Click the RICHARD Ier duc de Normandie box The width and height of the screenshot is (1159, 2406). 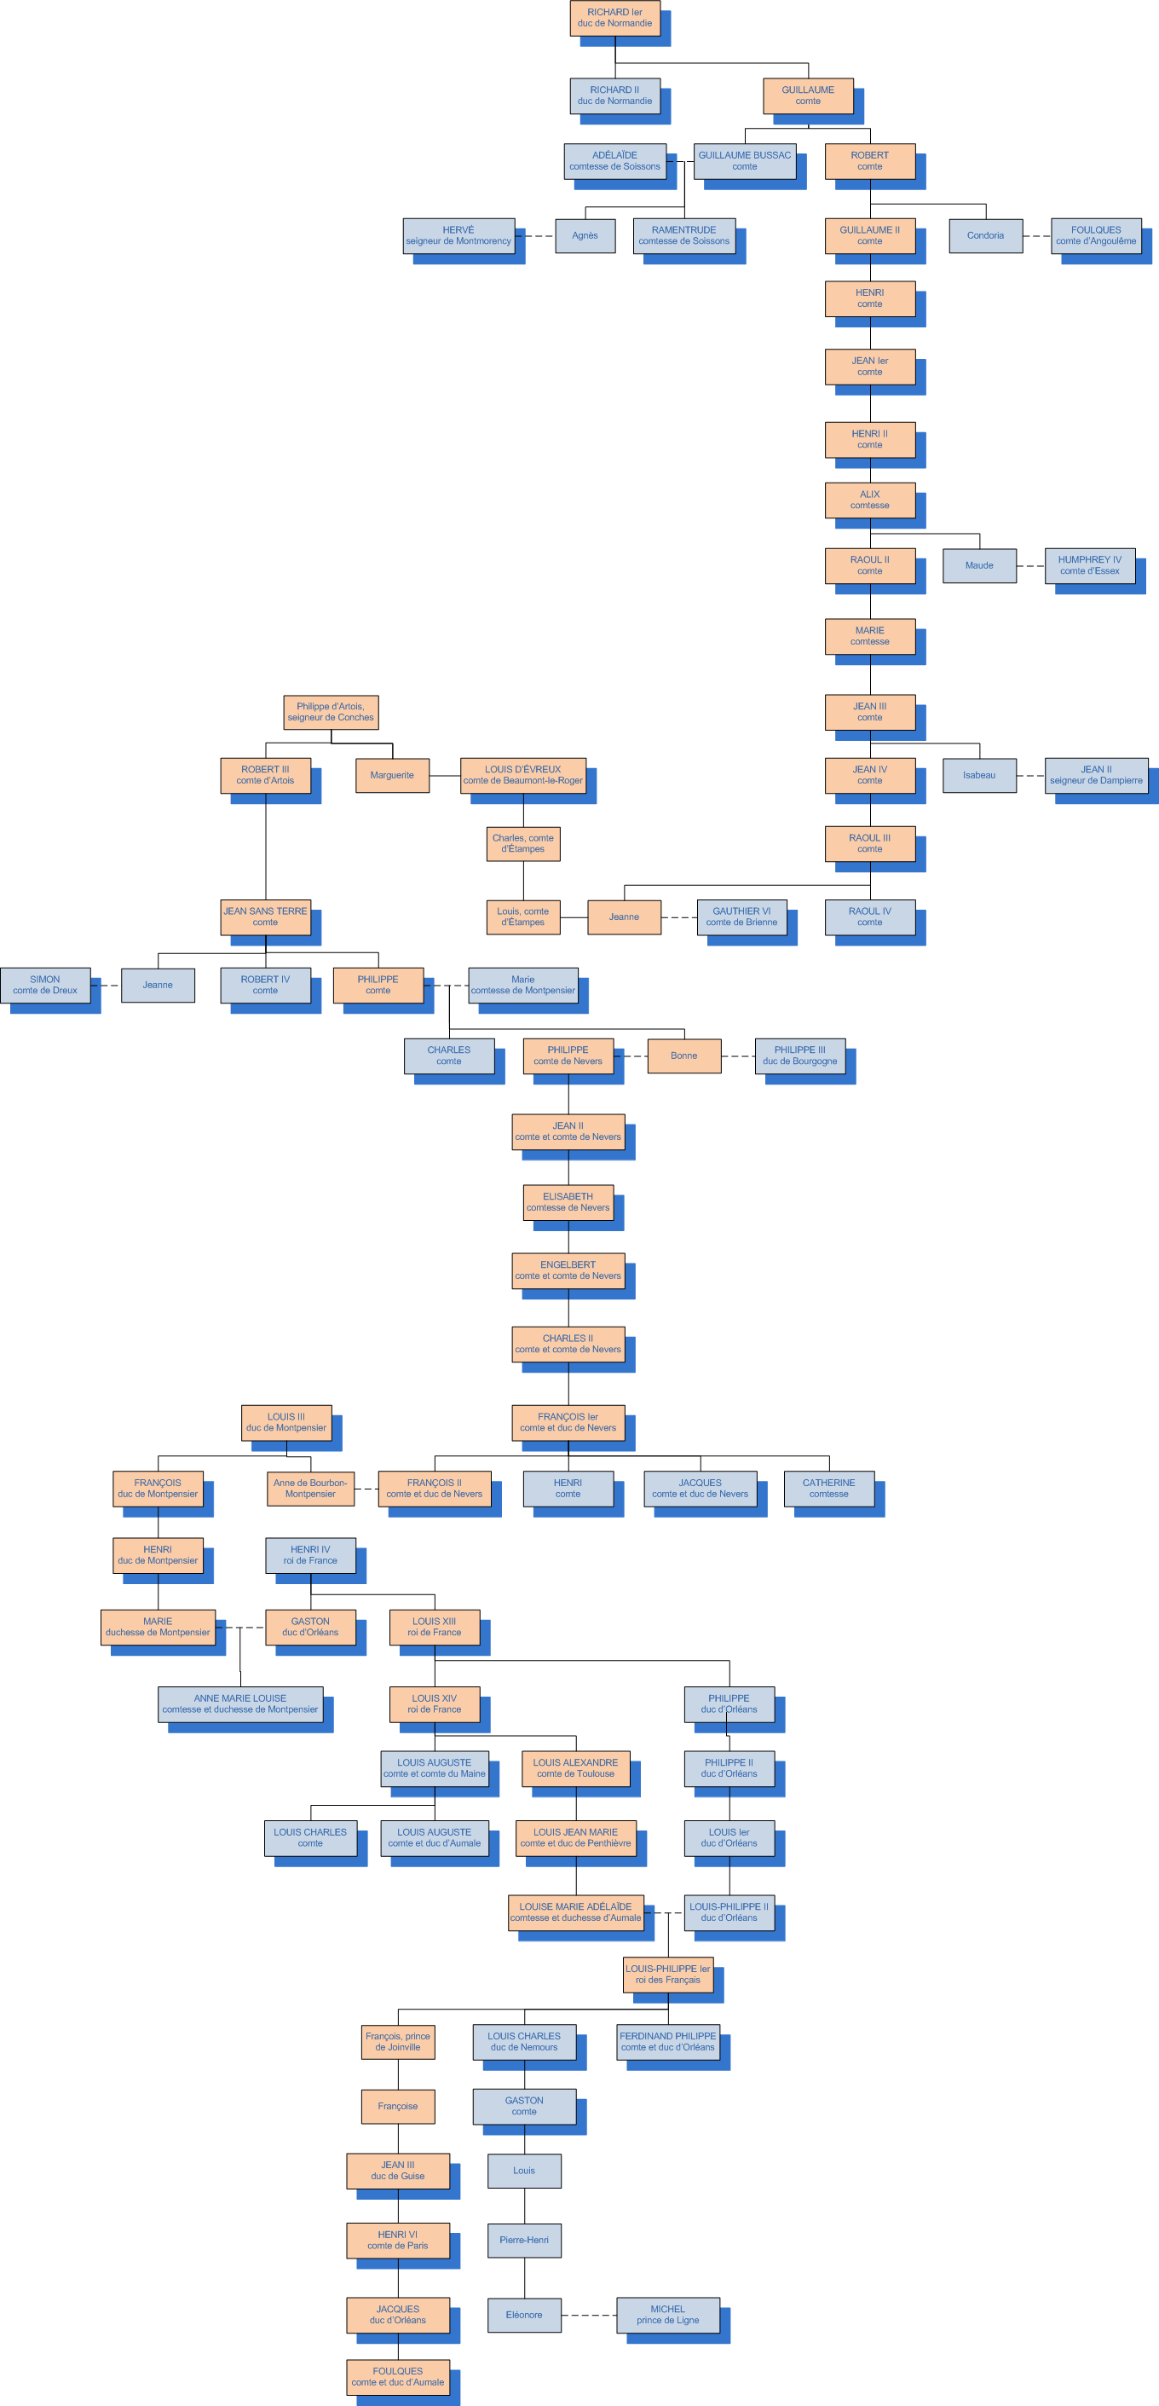[614, 18]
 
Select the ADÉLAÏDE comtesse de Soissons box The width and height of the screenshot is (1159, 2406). [614, 160]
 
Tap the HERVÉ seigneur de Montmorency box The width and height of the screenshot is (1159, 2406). [458, 235]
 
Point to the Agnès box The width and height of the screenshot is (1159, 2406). [585, 235]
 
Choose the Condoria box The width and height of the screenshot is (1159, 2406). [985, 235]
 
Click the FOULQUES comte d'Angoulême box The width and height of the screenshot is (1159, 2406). [1095, 235]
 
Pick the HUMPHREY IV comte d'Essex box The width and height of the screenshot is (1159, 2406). [1089, 565]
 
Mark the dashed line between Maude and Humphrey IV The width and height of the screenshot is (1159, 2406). [1030, 566]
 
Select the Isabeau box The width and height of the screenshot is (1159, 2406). [978, 775]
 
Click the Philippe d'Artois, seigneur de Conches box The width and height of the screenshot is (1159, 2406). [331, 712]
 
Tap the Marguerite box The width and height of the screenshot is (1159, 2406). [391, 775]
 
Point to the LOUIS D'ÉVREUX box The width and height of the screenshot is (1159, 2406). [522, 775]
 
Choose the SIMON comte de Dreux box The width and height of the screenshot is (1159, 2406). [45, 985]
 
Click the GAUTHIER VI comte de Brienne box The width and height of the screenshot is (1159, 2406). [741, 917]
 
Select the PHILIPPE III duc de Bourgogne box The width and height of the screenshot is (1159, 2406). [799, 1056]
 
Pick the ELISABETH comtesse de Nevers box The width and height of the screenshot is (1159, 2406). [568, 1202]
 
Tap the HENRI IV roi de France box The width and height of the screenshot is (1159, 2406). [310, 1555]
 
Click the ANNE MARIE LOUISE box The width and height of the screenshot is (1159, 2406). [240, 1703]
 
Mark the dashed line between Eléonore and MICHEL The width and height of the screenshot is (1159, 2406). [588, 2316]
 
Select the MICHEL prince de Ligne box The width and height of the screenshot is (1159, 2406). [668, 2315]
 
